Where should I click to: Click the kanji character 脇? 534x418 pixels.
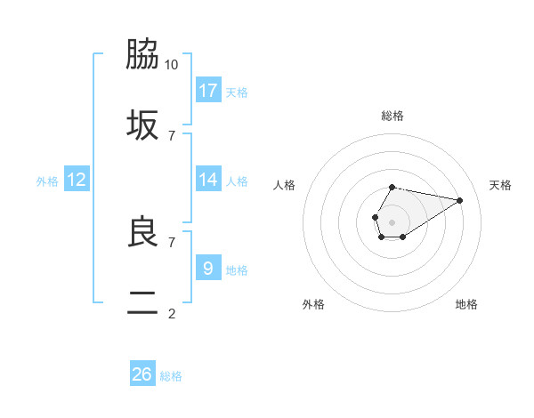pyautogui.click(x=142, y=55)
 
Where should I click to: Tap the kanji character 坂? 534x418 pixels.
pyautogui.click(x=142, y=125)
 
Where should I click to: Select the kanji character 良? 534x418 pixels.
pyautogui.click(x=142, y=232)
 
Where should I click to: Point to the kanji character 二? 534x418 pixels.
pyautogui.click(x=142, y=302)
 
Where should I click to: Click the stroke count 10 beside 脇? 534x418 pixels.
pyautogui.click(x=172, y=65)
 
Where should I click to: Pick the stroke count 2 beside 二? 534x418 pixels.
pyautogui.click(x=172, y=312)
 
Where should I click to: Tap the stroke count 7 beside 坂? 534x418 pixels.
pyautogui.click(x=172, y=135)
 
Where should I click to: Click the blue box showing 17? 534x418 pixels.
pyautogui.click(x=208, y=91)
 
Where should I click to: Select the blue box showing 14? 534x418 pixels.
pyautogui.click(x=208, y=180)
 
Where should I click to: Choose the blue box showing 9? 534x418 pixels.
pyautogui.click(x=208, y=268)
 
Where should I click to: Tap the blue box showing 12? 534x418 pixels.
pyautogui.click(x=77, y=180)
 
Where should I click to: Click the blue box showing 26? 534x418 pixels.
pyautogui.click(x=142, y=374)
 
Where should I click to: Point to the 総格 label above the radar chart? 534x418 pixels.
pyautogui.click(x=392, y=116)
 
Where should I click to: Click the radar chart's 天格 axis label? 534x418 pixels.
pyautogui.click(x=500, y=185)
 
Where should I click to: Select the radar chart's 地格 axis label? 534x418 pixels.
pyautogui.click(x=466, y=304)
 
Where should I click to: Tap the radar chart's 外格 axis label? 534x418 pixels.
pyautogui.click(x=313, y=304)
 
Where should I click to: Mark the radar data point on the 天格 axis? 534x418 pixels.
pyautogui.click(x=460, y=199)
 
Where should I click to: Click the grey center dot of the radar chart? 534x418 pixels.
pyautogui.click(x=392, y=221)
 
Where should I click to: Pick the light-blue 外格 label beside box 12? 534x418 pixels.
pyautogui.click(x=47, y=181)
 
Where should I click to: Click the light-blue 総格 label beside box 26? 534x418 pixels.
pyautogui.click(x=171, y=376)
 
